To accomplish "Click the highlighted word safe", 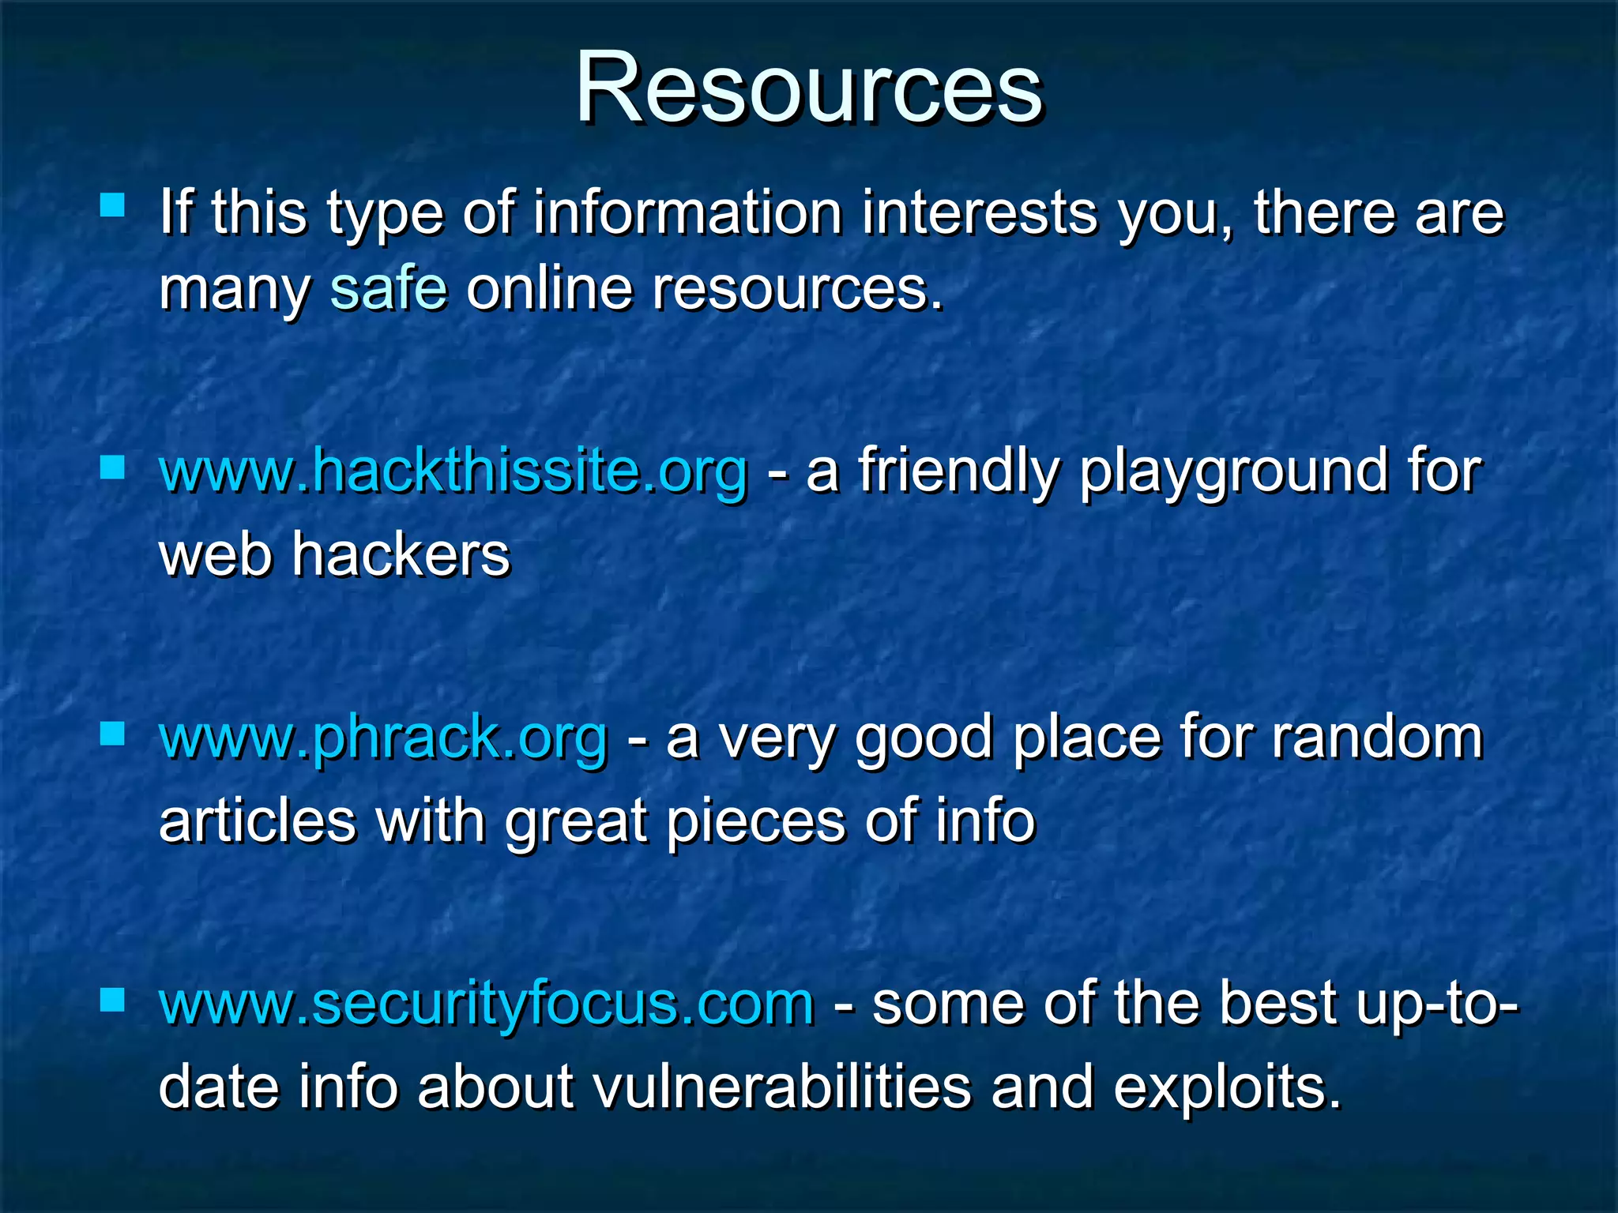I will tap(389, 288).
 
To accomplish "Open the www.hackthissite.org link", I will tap(453, 472).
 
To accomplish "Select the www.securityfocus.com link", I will tap(486, 1003).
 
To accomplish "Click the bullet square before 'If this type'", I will tap(113, 206).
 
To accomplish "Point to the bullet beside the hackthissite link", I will tap(113, 468).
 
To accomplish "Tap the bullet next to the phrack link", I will tap(113, 734).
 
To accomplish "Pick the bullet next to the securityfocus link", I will tap(113, 1001).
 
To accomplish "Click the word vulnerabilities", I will tap(781, 1087).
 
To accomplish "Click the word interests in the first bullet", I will tap(980, 212).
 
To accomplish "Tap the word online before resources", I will tap(549, 288).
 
